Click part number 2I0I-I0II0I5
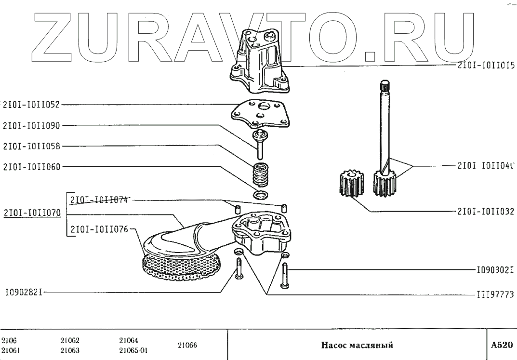pyautogui.click(x=485, y=66)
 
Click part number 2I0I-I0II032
pyautogui.click(x=485, y=211)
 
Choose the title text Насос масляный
pyautogui.click(x=358, y=345)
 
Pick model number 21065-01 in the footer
pyautogui.click(x=133, y=350)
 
